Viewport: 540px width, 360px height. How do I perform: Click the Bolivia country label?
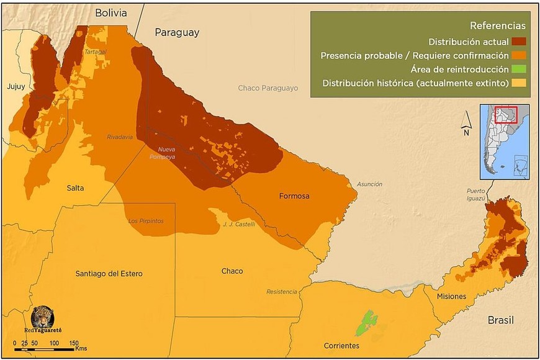pos(110,13)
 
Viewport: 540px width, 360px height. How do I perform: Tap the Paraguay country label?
pos(177,32)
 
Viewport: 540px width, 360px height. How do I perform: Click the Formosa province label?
pos(294,196)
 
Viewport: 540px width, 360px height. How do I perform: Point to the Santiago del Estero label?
pos(109,274)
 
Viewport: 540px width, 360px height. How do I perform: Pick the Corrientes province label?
pos(341,345)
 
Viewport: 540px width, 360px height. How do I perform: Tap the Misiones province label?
pos(451,296)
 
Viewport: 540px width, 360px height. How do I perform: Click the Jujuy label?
pos(16,87)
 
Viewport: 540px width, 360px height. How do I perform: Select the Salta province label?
pos(76,187)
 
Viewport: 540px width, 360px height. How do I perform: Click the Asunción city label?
pos(369,184)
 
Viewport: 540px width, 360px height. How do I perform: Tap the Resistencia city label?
pos(282,292)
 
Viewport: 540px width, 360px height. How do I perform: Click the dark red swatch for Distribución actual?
pos(520,42)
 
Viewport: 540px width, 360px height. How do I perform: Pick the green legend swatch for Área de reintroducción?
pos(520,70)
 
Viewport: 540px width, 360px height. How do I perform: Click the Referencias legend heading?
pos(497,26)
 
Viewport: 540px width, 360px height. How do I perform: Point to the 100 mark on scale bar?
pos(54,343)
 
